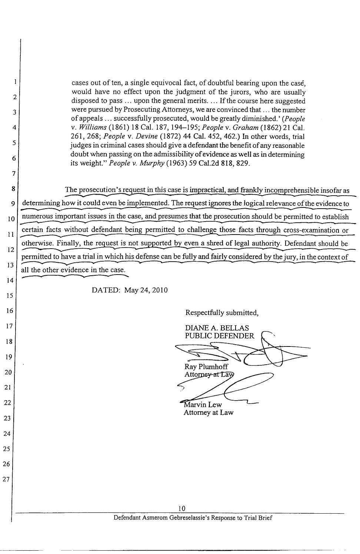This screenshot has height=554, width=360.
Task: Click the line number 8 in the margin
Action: [13, 188]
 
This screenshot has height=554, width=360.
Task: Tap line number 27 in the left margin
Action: [6, 479]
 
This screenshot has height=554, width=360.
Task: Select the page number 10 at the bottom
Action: [181, 508]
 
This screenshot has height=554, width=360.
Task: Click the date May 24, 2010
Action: [146, 290]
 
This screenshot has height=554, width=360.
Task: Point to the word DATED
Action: [106, 290]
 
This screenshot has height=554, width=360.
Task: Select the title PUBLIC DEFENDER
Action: [220, 336]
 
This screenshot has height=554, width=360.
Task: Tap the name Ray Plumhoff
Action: [206, 367]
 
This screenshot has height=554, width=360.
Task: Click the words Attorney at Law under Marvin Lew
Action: [209, 412]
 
